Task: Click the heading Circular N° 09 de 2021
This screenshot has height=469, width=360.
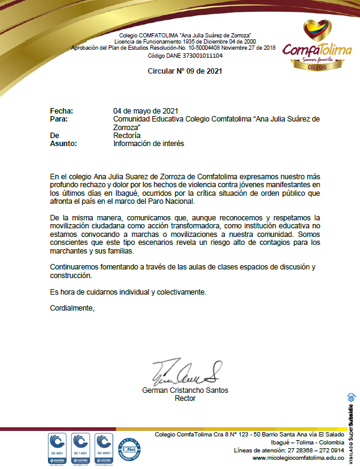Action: (x=185, y=71)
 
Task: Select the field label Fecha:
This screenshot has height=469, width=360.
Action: (x=61, y=110)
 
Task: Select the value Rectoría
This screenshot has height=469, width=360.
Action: (x=127, y=135)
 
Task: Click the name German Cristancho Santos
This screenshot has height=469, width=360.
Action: (x=185, y=390)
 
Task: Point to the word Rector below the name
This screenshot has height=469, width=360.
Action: (x=185, y=398)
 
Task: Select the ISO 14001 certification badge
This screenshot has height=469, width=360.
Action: (x=81, y=446)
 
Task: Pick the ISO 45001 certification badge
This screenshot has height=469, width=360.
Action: (x=105, y=446)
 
